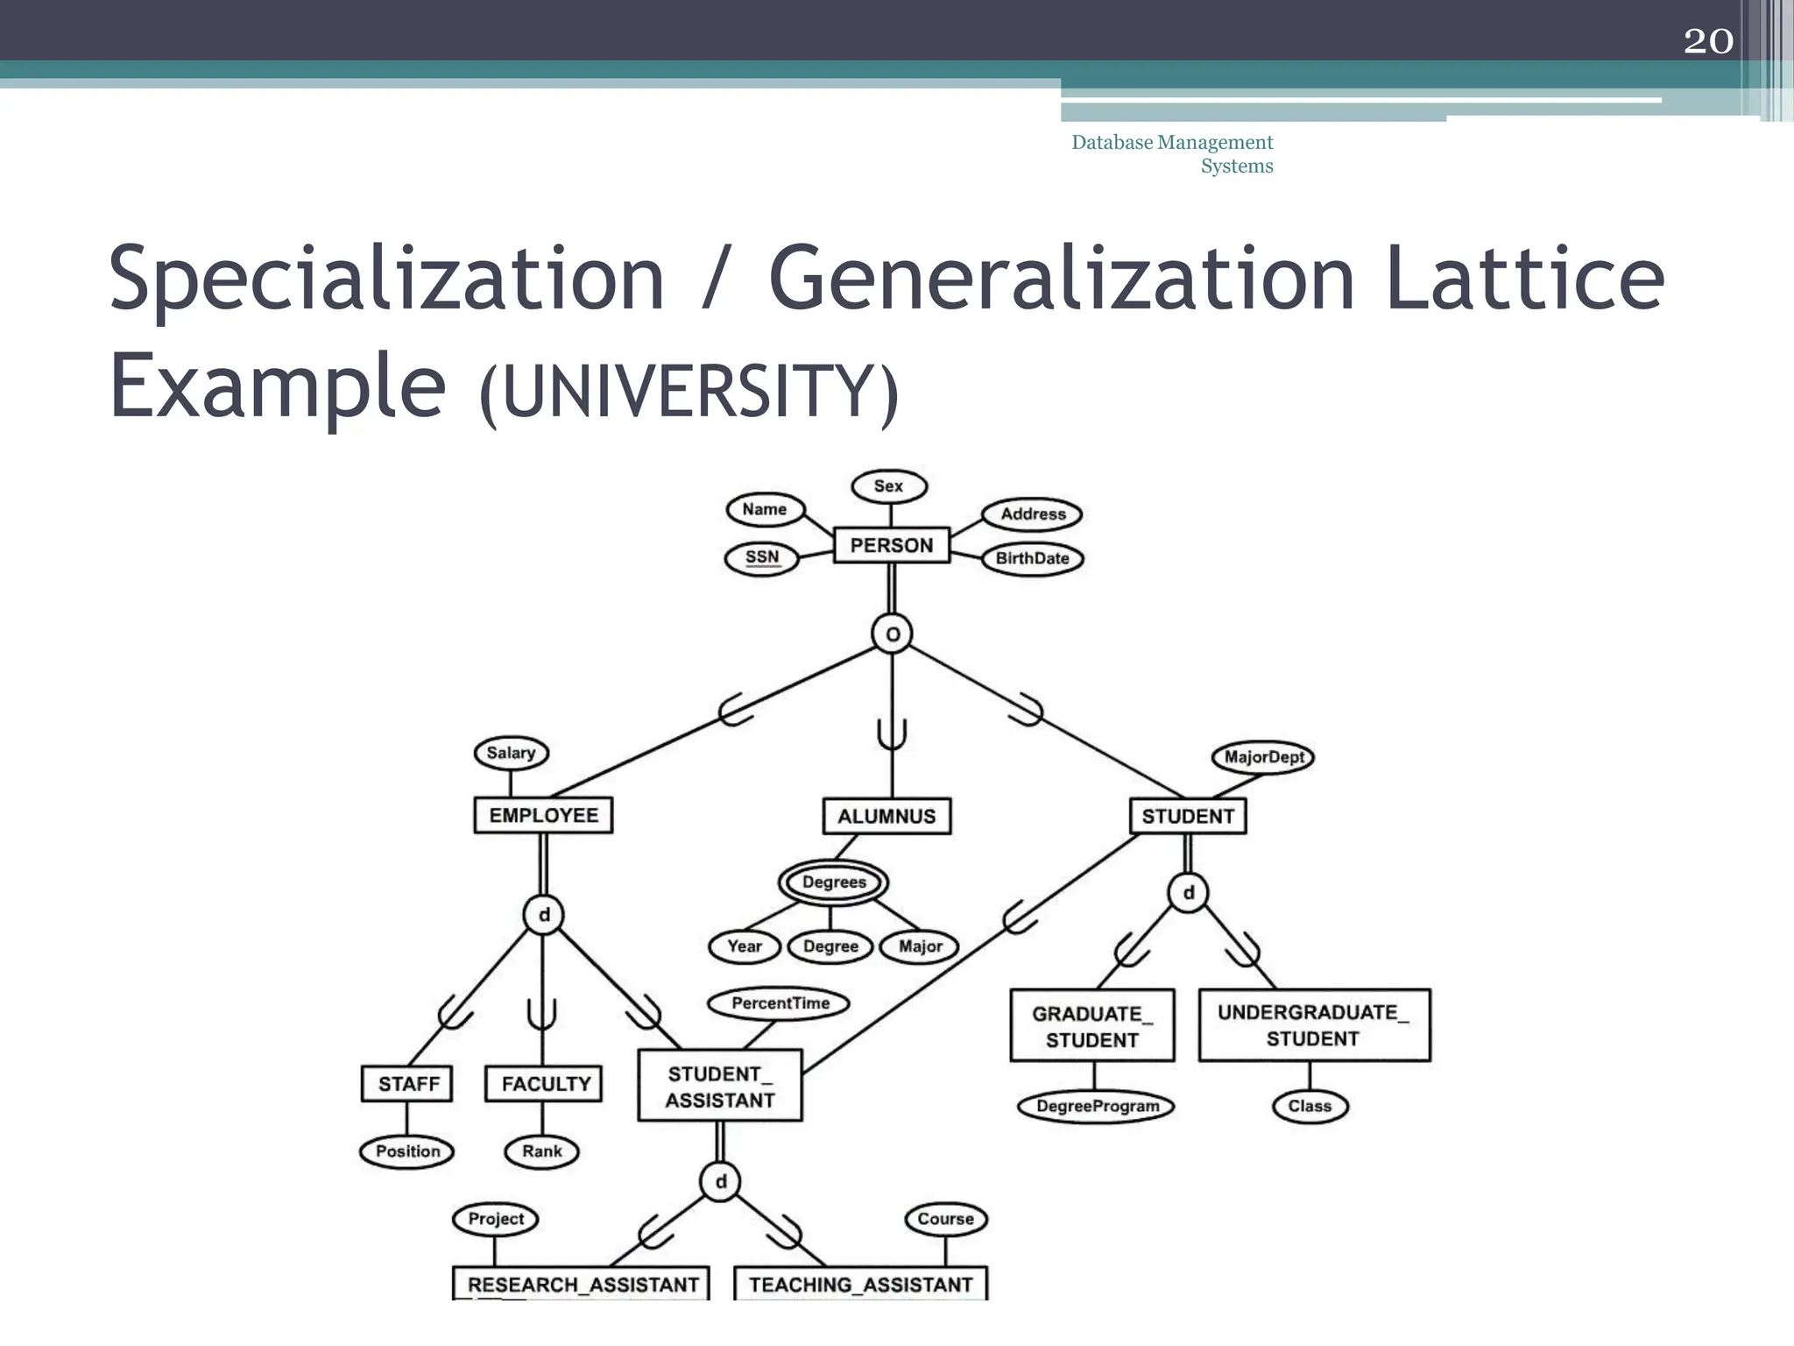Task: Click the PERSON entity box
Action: (891, 545)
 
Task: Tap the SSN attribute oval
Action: (762, 557)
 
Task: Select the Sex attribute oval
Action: (888, 486)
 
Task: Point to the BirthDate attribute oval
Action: (1032, 558)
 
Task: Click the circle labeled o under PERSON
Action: (892, 634)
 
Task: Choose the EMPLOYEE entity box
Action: (543, 815)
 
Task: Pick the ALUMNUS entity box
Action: (886, 816)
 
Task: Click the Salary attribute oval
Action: (511, 753)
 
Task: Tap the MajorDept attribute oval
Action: (1263, 757)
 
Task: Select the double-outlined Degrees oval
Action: (833, 882)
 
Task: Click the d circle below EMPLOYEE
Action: (543, 915)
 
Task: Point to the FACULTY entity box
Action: (544, 1084)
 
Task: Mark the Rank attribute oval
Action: (541, 1151)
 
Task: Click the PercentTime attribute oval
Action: (780, 1003)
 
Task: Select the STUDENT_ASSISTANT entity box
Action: (719, 1087)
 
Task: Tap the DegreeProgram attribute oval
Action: (1096, 1107)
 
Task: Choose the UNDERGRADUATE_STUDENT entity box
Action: (1313, 1025)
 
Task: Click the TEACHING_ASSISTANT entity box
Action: (860, 1284)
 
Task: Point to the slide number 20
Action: (1707, 41)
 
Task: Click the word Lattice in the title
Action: (1524, 278)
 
